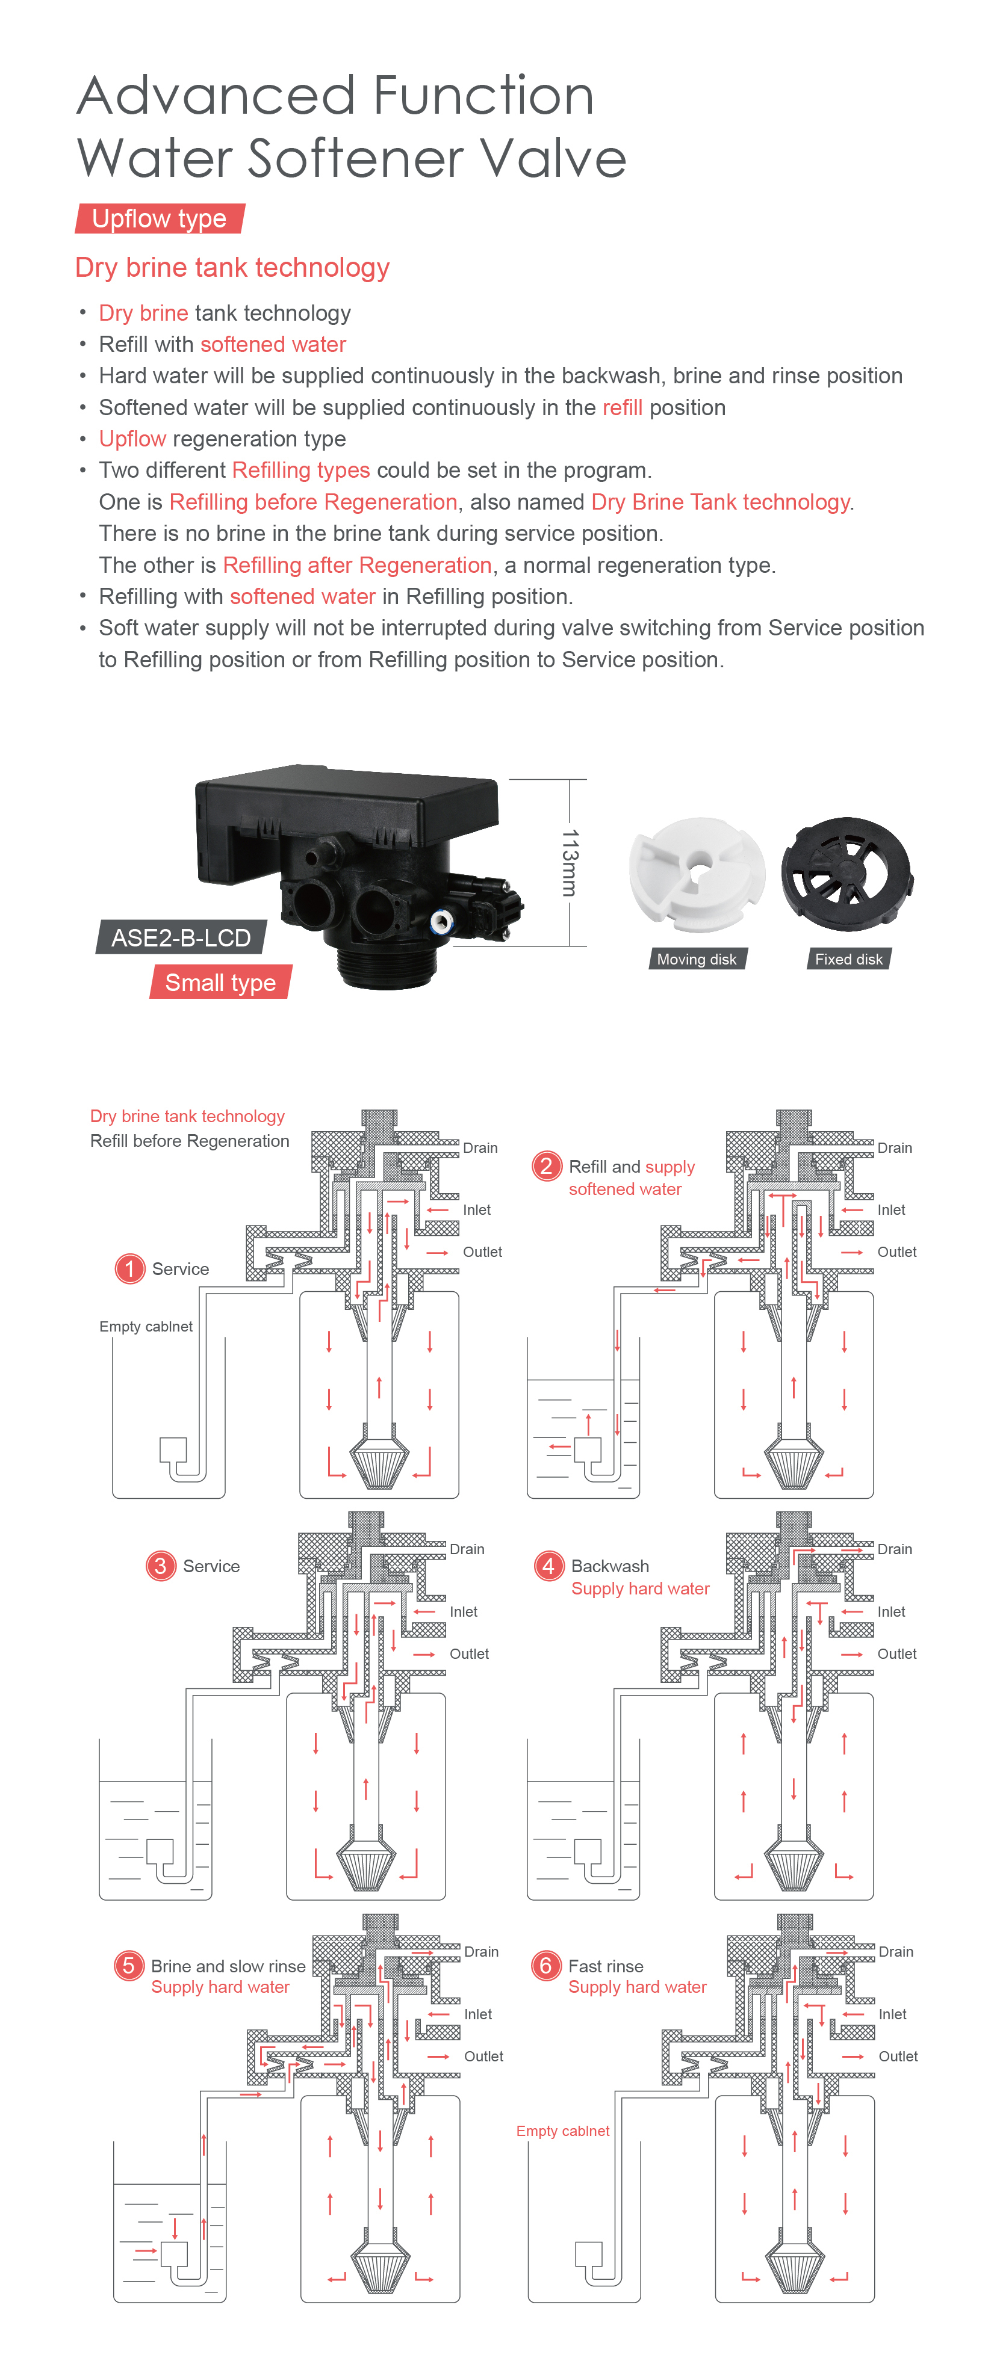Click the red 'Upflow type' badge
pos(160,219)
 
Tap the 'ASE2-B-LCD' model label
pos(181,937)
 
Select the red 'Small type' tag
pos(220,983)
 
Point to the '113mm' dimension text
pos(570,862)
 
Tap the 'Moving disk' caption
pos(696,958)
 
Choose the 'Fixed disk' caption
pos(848,958)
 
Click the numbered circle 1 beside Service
pos(130,1268)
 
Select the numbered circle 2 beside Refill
pos(547,1166)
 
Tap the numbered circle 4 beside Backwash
pos(548,1566)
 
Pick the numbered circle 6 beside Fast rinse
pos(545,1965)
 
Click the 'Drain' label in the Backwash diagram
pos(894,1549)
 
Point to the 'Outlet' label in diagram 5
pos(483,2056)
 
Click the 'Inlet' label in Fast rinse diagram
pos(892,2014)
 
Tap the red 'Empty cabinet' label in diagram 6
pos(562,2131)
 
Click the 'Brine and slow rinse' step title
pos(228,1965)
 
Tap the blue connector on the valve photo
pos(441,920)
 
